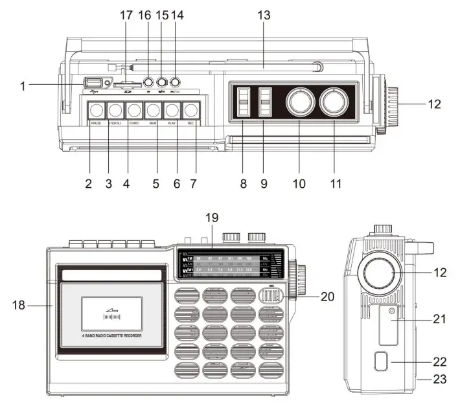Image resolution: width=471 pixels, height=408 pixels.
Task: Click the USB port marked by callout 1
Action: pos(93,83)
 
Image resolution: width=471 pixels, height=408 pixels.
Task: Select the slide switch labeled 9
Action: pos(265,101)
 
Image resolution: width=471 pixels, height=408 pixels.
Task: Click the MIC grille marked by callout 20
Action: pos(271,297)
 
